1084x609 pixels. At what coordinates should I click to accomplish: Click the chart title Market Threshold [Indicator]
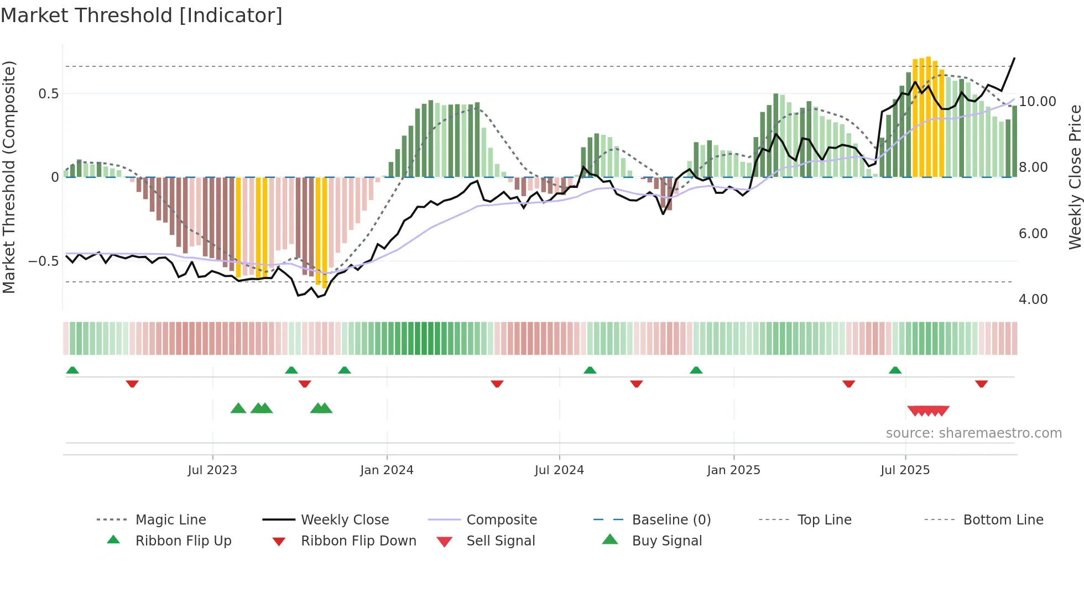pyautogui.click(x=142, y=15)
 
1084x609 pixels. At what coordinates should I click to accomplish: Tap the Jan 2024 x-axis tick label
pyautogui.click(x=387, y=470)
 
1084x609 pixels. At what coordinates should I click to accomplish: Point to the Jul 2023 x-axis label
pyautogui.click(x=212, y=470)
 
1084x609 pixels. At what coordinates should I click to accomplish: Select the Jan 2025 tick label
pyautogui.click(x=733, y=470)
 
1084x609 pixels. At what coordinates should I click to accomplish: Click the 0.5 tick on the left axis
pyautogui.click(x=49, y=94)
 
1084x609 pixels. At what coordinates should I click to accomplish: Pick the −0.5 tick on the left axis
pyautogui.click(x=44, y=261)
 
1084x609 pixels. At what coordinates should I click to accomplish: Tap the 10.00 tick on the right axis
pyautogui.click(x=1038, y=102)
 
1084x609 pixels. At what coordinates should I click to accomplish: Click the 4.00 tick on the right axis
pyautogui.click(x=1033, y=300)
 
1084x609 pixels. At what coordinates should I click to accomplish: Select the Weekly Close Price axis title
pyautogui.click(x=1075, y=177)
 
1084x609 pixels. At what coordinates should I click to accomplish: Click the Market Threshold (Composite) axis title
pyautogui.click(x=9, y=177)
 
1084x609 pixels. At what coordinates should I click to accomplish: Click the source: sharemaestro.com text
pyautogui.click(x=973, y=433)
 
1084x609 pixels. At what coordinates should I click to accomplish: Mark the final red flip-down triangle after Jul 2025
pyautogui.click(x=981, y=384)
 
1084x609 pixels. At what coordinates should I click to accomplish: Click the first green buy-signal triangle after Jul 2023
pyautogui.click(x=238, y=408)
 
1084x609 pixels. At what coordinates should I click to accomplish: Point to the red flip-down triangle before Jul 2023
pyautogui.click(x=132, y=384)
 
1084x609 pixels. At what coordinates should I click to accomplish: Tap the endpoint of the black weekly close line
pyautogui.click(x=1014, y=58)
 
